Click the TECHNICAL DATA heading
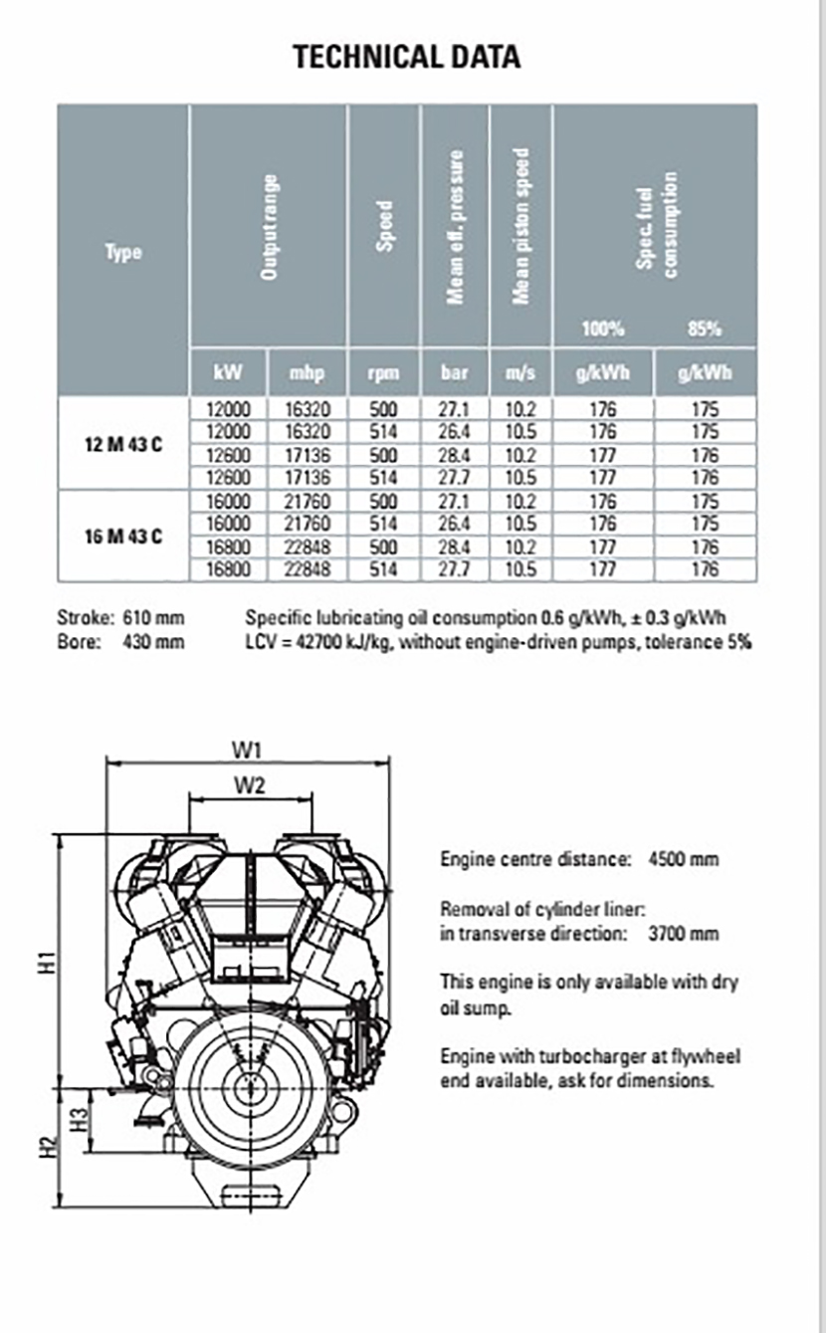click(x=406, y=57)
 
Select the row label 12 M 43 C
click(x=122, y=444)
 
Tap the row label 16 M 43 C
click(x=122, y=537)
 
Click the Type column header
click(x=123, y=252)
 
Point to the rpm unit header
click(x=383, y=372)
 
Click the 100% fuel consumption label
click(x=603, y=329)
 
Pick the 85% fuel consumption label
click(x=705, y=329)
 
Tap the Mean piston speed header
click(x=520, y=226)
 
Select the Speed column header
click(x=384, y=226)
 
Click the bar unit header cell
click(x=454, y=372)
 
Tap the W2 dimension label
click(x=250, y=785)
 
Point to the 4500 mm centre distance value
click(x=683, y=858)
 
